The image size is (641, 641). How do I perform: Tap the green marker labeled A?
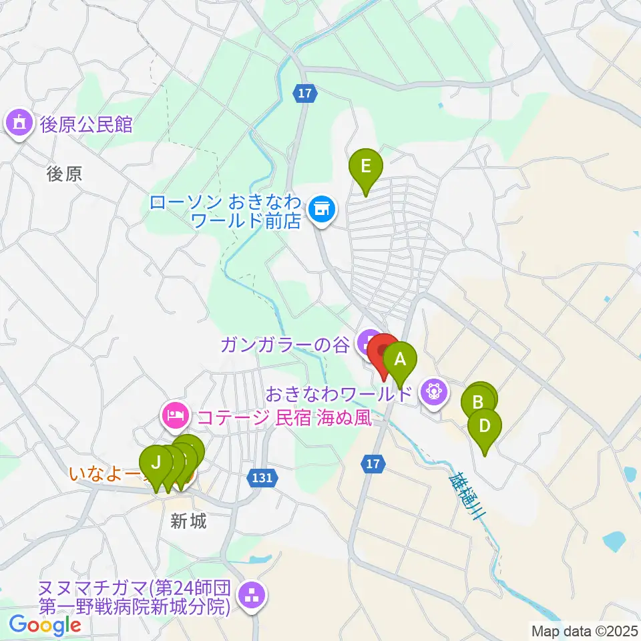coord(400,361)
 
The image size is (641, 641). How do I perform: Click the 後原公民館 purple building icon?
coord(19,124)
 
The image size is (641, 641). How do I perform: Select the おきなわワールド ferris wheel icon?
coord(434,392)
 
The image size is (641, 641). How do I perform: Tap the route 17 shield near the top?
coord(304,94)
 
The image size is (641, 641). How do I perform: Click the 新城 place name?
coord(188,521)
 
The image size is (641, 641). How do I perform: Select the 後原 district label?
coord(65,174)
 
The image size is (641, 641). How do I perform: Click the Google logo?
coord(45,625)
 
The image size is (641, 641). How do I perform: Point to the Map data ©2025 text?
coord(584,630)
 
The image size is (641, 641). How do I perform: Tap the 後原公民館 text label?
coord(86,124)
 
